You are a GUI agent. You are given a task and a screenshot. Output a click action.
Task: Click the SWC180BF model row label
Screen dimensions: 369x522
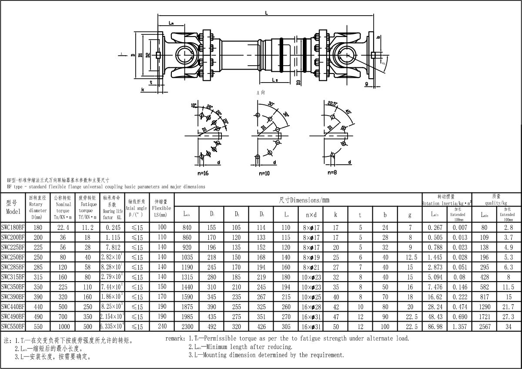click(x=13, y=227)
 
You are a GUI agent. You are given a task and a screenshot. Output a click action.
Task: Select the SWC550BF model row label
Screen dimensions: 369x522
click(x=13, y=326)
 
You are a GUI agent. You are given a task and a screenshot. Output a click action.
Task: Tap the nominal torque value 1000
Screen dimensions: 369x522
click(x=63, y=326)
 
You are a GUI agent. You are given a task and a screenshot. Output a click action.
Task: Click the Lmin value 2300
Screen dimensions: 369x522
click(x=187, y=326)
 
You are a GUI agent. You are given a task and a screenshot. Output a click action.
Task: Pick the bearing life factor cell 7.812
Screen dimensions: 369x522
click(x=113, y=246)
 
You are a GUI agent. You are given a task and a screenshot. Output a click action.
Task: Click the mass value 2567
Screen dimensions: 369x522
click(x=485, y=326)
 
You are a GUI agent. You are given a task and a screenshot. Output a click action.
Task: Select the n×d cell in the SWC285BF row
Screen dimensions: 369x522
click(x=311, y=266)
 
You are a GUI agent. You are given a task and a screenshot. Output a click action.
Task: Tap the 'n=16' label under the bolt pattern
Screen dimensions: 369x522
click(x=203, y=173)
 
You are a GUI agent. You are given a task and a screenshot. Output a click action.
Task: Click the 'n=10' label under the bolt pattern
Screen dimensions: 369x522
click(x=264, y=173)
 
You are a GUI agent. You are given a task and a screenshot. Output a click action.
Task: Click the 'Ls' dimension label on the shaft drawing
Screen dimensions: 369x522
click(x=274, y=80)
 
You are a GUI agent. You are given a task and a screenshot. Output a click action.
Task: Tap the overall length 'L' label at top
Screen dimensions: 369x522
click(x=266, y=13)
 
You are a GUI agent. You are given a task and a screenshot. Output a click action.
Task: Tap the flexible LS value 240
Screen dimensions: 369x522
click(x=162, y=326)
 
